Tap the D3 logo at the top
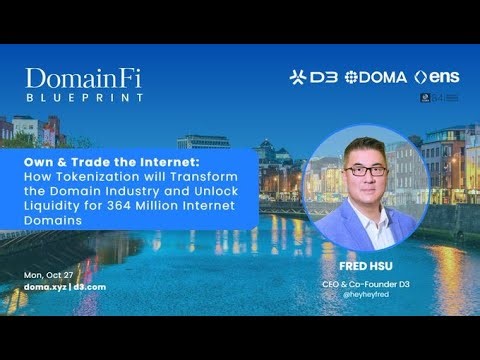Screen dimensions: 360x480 click(x=313, y=77)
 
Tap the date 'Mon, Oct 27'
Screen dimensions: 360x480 click(x=47, y=274)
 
